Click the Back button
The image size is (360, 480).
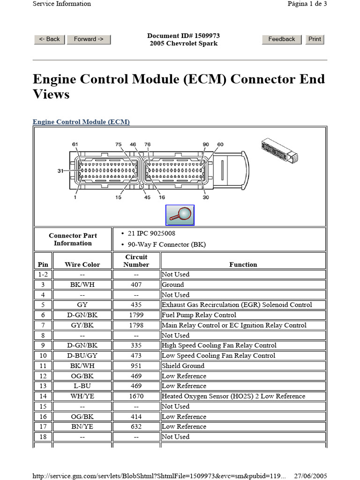49,39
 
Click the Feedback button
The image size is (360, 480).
281,39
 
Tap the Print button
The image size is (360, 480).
315,39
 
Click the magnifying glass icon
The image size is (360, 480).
180,215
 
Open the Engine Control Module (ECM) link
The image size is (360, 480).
81,122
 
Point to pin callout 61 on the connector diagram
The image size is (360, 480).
75,144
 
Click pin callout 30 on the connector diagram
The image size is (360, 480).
206,197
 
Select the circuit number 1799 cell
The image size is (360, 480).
136,315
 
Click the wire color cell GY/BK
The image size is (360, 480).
82,325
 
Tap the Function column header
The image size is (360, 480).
243,264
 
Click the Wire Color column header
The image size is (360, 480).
82,264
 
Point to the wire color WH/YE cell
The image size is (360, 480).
82,396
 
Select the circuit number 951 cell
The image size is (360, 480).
136,366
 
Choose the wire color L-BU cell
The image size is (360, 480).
82,386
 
